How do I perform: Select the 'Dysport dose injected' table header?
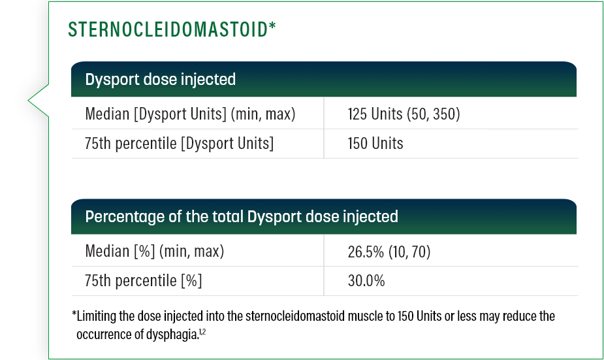[x=161, y=80]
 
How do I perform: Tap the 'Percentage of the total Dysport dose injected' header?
[x=242, y=216]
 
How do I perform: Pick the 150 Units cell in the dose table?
[x=375, y=143]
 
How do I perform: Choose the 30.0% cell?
[x=366, y=281]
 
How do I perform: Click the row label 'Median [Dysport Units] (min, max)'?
[x=191, y=114]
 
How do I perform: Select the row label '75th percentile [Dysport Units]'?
[x=179, y=143]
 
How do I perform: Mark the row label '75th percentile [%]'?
[x=144, y=281]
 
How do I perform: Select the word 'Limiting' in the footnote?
[x=97, y=317]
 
